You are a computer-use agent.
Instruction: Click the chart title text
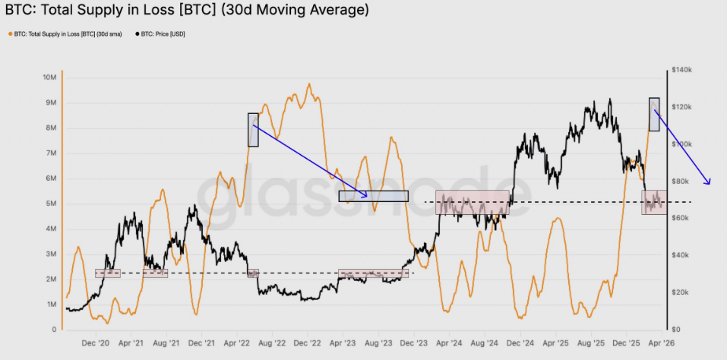(187, 11)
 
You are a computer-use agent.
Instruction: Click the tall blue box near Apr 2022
(253, 130)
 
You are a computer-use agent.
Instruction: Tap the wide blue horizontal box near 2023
(373, 196)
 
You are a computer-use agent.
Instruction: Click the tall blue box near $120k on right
(654, 114)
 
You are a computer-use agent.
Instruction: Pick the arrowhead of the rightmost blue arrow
(710, 183)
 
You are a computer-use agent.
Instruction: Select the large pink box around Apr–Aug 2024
(472, 202)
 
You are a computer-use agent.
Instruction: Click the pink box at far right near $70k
(654, 202)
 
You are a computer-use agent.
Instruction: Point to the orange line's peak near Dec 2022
(308, 84)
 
